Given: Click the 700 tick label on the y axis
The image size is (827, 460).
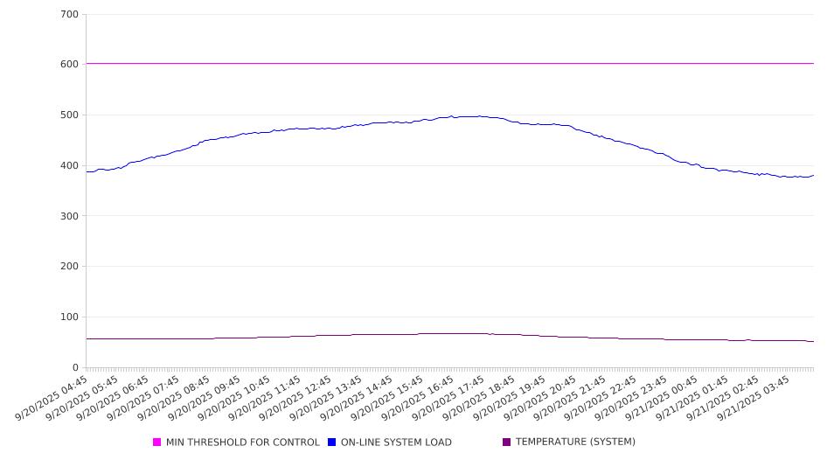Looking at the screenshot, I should click(x=70, y=15).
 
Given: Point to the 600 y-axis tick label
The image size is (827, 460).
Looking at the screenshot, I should click(x=70, y=65).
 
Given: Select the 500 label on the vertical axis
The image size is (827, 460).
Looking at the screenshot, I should click(x=70, y=115).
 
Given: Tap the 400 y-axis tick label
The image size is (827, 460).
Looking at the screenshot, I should click(x=70, y=166).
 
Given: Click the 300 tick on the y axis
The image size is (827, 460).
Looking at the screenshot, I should click(x=70, y=216).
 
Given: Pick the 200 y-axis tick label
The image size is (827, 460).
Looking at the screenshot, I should click(x=70, y=267).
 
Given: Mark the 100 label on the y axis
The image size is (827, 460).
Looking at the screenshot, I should click(x=70, y=317).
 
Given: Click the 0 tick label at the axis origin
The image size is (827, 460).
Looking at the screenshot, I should click(x=75, y=368).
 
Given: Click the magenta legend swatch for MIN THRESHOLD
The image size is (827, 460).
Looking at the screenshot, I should click(x=157, y=443).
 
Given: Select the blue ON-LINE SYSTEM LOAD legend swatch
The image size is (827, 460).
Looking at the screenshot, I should click(x=332, y=443).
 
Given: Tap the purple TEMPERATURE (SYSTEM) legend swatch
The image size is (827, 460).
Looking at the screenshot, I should click(x=507, y=443).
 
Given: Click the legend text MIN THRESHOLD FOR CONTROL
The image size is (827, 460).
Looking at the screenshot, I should click(x=243, y=443).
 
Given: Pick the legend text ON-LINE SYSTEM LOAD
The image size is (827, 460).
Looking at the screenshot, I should click(x=396, y=443).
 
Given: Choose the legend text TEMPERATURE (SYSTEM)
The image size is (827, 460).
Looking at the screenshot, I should click(x=575, y=443).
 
